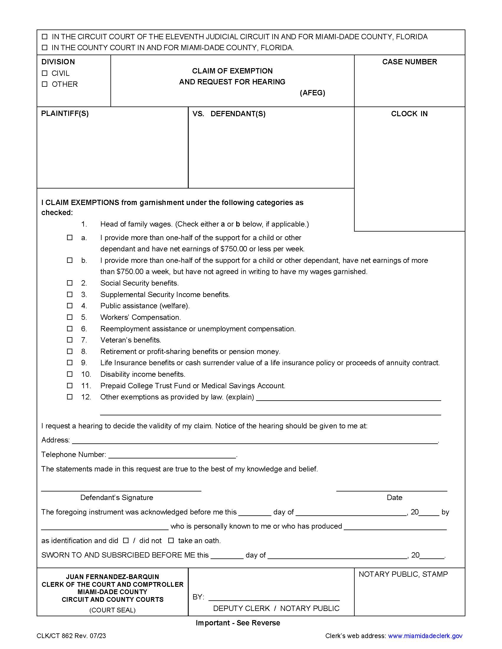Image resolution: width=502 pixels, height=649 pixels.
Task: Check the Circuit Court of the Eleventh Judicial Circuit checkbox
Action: (x=45, y=37)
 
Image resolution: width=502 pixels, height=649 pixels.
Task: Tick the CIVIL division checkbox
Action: (x=45, y=73)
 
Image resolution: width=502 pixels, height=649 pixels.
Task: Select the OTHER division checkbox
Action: (x=45, y=84)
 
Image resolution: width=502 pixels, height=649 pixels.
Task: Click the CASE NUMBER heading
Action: (x=410, y=62)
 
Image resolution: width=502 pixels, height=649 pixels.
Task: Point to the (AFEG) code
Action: (x=312, y=93)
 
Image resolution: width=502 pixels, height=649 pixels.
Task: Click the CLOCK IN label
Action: (x=409, y=114)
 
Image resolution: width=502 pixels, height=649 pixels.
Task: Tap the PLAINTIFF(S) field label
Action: (x=65, y=114)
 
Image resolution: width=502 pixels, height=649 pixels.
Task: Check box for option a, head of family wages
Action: (x=70, y=237)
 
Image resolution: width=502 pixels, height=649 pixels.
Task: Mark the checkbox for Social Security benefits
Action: (x=70, y=283)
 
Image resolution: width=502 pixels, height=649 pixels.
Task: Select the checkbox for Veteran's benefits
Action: (x=70, y=340)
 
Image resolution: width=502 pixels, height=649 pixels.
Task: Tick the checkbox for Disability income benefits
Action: (x=70, y=374)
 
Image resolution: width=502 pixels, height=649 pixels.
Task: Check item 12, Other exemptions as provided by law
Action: (x=70, y=397)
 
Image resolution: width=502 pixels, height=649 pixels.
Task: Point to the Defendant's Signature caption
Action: (x=117, y=497)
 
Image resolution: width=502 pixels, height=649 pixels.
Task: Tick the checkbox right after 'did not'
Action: (x=171, y=540)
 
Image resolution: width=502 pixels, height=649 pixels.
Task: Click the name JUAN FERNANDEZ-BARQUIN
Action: (x=113, y=577)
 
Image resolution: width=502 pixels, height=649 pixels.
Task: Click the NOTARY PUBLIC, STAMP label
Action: (x=403, y=574)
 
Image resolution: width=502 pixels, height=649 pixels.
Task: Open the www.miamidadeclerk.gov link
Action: (x=425, y=636)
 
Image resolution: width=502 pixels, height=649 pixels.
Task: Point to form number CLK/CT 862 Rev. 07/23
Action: (x=71, y=636)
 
